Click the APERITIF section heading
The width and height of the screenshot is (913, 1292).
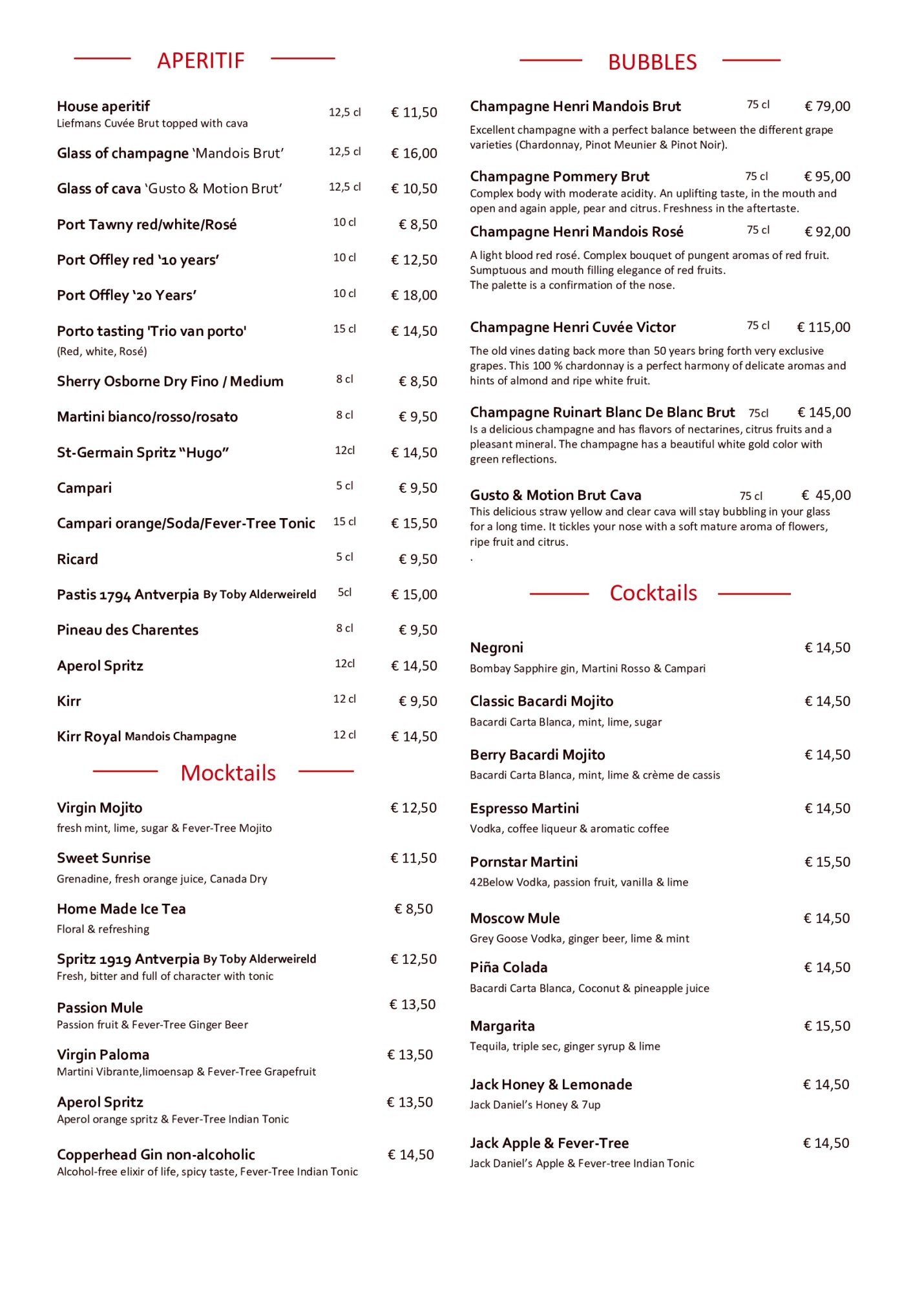[201, 61]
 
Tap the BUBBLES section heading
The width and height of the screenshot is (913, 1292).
[652, 63]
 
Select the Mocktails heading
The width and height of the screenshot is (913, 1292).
[228, 773]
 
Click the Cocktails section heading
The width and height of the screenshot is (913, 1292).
[653, 593]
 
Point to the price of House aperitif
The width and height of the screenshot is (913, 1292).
[414, 112]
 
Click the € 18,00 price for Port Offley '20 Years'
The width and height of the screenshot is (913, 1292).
[414, 295]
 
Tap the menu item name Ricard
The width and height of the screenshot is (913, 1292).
[78, 559]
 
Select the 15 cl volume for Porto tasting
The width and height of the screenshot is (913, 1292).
[344, 329]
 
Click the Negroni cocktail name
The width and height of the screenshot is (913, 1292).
[496, 647]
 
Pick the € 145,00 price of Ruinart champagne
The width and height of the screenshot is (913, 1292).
[824, 412]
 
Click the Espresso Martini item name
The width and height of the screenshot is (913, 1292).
[524, 808]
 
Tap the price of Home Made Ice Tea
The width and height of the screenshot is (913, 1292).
[414, 909]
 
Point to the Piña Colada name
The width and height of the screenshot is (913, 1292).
[509, 967]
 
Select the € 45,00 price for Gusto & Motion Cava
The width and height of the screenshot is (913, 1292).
[826, 495]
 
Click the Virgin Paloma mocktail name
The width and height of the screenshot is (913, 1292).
[103, 1054]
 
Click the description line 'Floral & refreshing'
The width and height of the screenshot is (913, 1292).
[103, 929]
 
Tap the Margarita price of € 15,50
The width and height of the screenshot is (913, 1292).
[827, 1026]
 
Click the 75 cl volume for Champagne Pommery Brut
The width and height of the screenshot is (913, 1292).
[756, 176]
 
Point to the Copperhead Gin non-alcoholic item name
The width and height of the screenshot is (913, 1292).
[156, 1154]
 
